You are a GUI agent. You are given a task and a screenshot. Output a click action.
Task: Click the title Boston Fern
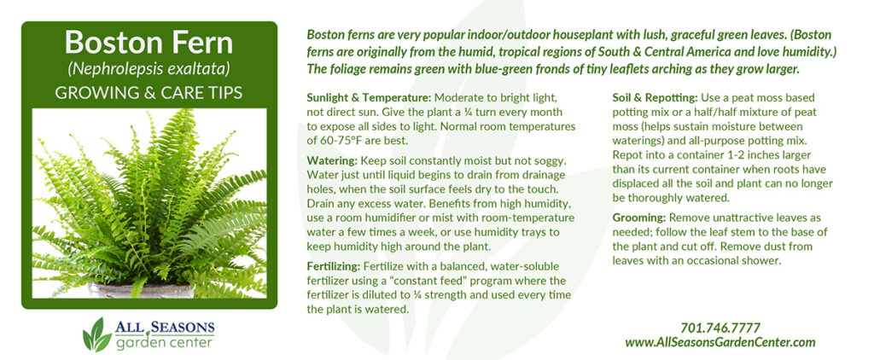(149, 43)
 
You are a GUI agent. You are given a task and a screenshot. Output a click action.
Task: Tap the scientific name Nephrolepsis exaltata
(149, 70)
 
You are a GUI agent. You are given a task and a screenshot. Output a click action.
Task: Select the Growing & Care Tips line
(149, 92)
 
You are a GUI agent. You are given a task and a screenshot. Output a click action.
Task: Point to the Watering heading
(332, 160)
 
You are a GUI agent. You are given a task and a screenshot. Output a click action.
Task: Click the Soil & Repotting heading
(655, 97)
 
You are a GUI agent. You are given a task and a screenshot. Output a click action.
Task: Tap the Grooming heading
(639, 218)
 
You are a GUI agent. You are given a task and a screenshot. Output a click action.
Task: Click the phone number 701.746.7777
(720, 328)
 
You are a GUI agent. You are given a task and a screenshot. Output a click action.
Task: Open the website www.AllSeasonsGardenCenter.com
(720, 342)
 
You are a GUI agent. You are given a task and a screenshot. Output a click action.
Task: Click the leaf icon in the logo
(97, 335)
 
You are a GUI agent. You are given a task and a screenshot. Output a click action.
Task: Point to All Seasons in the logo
(165, 328)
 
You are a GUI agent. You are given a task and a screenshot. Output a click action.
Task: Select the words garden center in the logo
(164, 342)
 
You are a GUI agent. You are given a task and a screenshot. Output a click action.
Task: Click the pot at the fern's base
(143, 290)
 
